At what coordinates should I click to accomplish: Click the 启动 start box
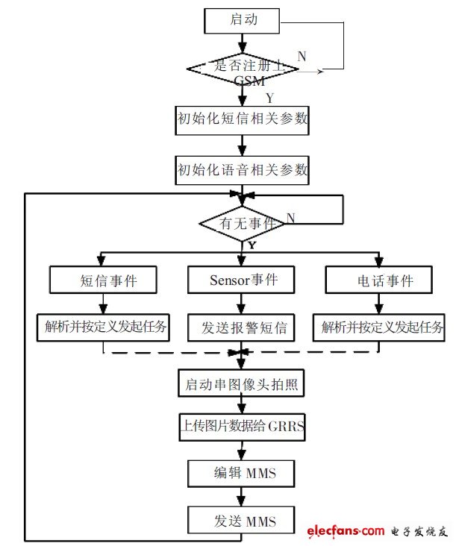coord(243,21)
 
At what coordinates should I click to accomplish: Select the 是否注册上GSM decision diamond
coord(243,69)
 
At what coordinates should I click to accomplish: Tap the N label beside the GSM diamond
coord(302,57)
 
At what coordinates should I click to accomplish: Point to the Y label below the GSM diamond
coord(269,98)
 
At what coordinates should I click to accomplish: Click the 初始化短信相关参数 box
coord(243,119)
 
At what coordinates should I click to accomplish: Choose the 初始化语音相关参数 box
coord(243,169)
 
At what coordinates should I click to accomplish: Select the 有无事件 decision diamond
coord(242,223)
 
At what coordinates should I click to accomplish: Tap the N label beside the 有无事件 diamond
coord(290,218)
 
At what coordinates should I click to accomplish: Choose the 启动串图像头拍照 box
coord(243,386)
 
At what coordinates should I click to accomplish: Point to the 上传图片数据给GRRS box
coord(243,429)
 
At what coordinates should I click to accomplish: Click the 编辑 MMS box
coord(243,474)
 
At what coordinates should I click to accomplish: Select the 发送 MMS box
coord(243,520)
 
